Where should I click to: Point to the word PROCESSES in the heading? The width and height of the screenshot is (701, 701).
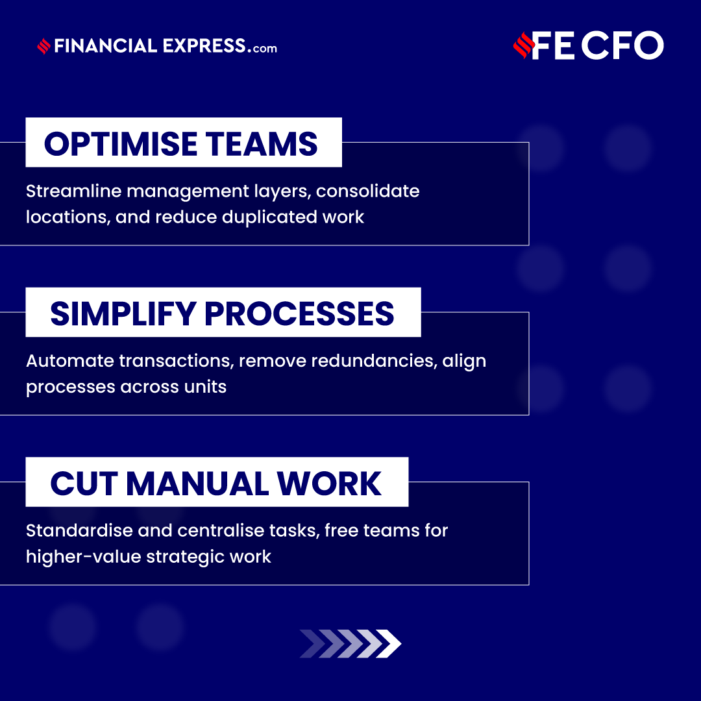pos(299,314)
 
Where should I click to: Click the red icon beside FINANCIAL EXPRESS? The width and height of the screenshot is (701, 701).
pos(44,47)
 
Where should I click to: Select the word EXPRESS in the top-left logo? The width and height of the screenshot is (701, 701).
pos(204,46)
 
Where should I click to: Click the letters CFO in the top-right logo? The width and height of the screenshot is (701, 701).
pos(622,46)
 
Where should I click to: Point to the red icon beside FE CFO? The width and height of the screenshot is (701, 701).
pos(522,46)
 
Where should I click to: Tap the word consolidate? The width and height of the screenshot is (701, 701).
pos(367,191)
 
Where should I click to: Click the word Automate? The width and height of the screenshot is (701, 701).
pos(64,361)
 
